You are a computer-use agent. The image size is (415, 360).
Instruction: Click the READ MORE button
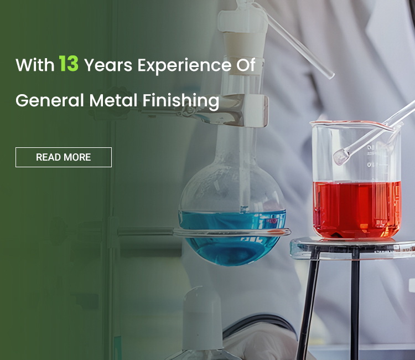(x=64, y=157)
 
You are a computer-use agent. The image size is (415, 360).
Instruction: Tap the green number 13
(x=69, y=64)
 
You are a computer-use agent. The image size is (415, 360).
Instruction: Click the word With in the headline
(x=35, y=65)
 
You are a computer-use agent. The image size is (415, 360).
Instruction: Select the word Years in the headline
(x=108, y=65)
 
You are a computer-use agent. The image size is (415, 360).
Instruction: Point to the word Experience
(x=184, y=66)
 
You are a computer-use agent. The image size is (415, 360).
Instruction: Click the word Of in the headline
(x=246, y=65)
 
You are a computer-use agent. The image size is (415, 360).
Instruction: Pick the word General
(x=50, y=100)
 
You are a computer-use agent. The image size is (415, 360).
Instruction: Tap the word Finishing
(x=181, y=101)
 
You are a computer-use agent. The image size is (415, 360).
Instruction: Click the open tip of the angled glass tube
(x=330, y=76)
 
